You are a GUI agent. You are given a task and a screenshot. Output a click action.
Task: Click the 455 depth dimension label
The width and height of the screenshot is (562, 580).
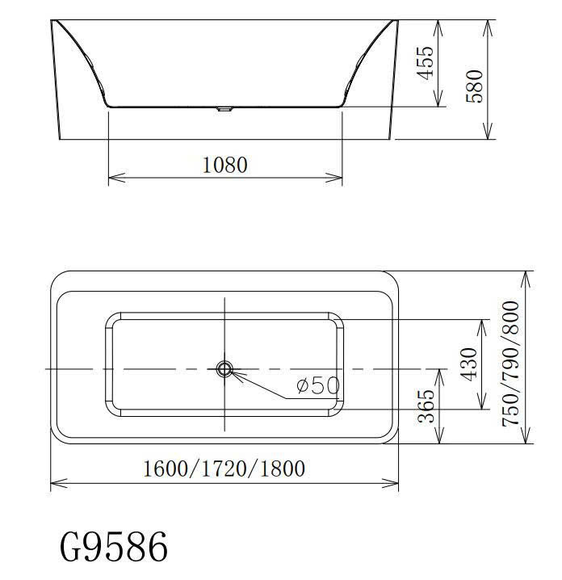click(425, 63)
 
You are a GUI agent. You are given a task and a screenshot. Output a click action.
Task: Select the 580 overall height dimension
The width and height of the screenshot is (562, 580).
click(474, 86)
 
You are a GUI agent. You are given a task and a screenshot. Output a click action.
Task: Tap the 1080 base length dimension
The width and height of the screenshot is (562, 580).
click(225, 165)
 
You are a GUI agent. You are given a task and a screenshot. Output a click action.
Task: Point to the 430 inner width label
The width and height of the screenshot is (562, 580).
click(469, 364)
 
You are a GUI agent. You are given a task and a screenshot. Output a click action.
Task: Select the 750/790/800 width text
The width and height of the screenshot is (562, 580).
click(510, 364)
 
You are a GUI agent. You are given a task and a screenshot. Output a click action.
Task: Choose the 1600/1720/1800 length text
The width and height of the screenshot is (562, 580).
click(224, 469)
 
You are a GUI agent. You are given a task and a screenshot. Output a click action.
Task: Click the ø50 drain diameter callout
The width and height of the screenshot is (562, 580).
click(318, 385)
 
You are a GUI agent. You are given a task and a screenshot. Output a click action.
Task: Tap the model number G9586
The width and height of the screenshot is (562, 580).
click(114, 547)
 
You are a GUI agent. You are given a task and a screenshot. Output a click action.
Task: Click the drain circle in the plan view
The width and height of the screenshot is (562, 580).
click(224, 369)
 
